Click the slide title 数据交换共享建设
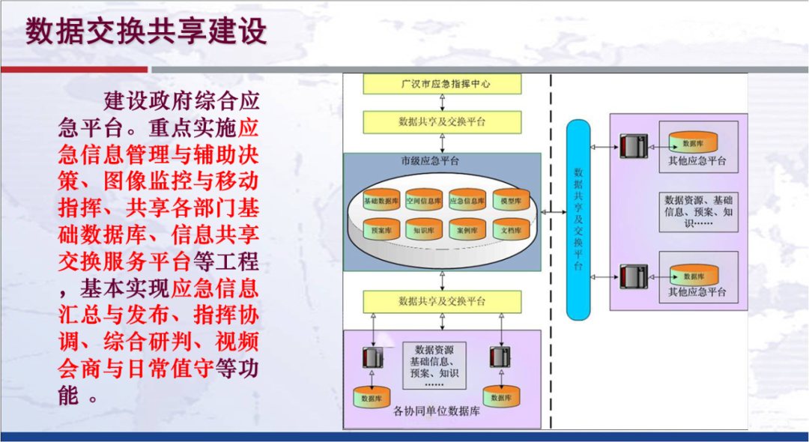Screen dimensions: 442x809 (146, 31)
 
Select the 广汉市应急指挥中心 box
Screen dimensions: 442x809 (442, 85)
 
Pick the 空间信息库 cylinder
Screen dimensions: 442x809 (425, 201)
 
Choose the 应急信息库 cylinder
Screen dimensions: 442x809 (467, 201)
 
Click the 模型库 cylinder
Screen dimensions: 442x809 (511, 201)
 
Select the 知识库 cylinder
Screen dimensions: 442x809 (425, 231)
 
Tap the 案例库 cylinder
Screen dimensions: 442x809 (467, 231)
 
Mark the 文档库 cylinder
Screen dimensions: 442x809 (511, 231)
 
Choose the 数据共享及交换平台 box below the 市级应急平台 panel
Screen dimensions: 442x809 (442, 301)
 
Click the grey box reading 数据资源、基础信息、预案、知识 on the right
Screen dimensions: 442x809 (698, 211)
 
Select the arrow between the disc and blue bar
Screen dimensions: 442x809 (554, 214)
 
